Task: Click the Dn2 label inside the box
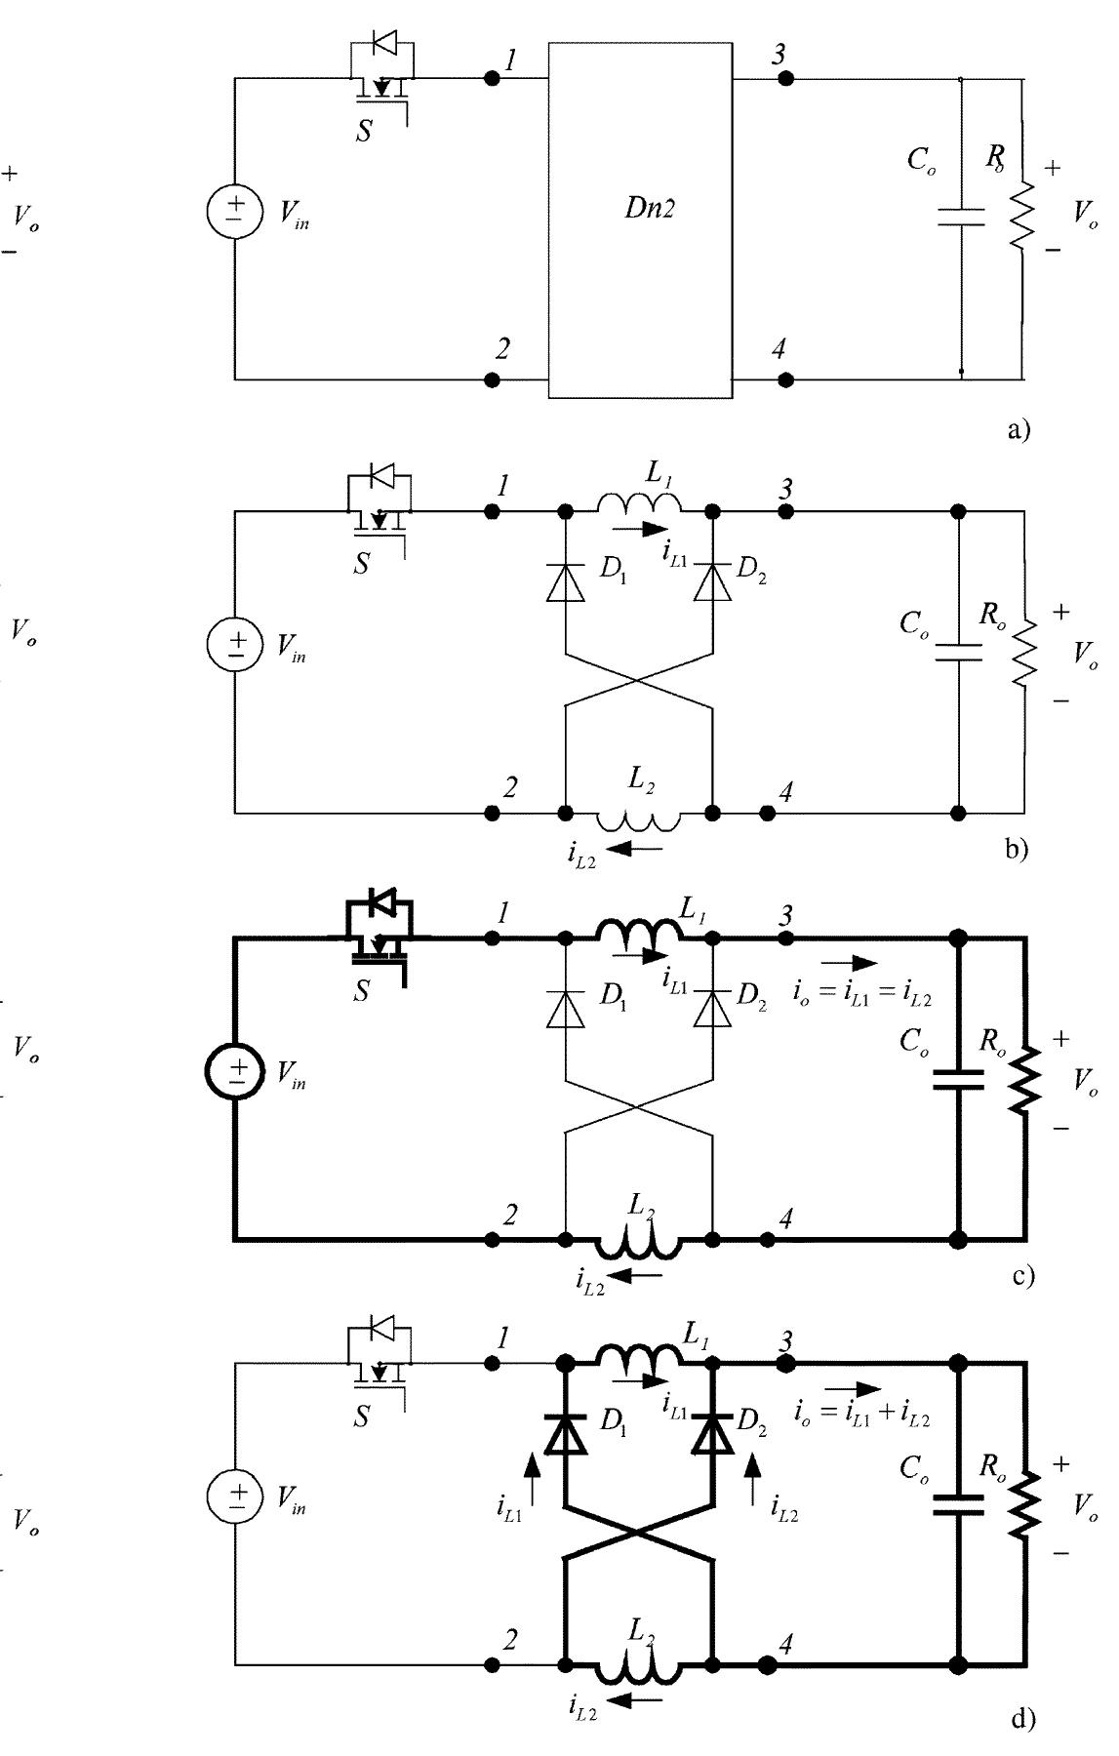click(649, 210)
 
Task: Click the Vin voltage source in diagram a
click(235, 212)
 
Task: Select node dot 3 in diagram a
click(785, 79)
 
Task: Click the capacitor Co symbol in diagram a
click(961, 216)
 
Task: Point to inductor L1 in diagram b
click(639, 503)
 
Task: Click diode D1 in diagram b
click(567, 582)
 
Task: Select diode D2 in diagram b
click(713, 582)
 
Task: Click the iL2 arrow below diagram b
click(639, 849)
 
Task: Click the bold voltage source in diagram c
click(235, 1070)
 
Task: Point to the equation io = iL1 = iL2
click(863, 997)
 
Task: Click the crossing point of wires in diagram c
click(639, 1107)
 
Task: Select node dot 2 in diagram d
click(493, 1665)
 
